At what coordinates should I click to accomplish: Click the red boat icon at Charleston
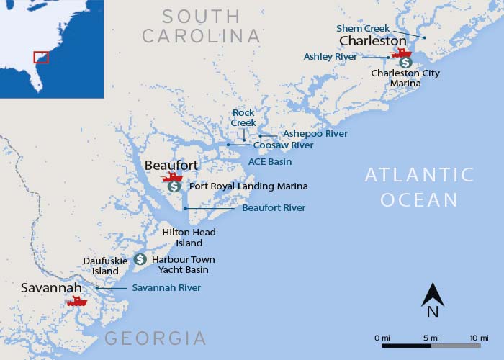(x=401, y=52)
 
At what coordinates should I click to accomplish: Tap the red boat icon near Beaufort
(x=172, y=176)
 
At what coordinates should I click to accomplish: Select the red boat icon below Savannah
(x=76, y=301)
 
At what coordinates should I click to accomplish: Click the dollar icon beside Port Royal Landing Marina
(x=174, y=186)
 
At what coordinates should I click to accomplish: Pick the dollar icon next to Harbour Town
(x=140, y=259)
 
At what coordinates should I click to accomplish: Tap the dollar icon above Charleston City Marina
(x=406, y=63)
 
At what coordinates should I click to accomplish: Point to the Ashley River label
(x=330, y=56)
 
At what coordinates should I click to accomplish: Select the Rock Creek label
(x=243, y=118)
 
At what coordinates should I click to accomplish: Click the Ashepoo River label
(x=315, y=134)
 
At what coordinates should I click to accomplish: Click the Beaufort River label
(x=274, y=207)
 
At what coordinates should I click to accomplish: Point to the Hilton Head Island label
(x=189, y=238)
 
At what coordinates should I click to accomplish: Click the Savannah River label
(x=166, y=288)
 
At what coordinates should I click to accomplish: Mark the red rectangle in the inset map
(x=41, y=57)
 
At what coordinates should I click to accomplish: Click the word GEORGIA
(x=156, y=338)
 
